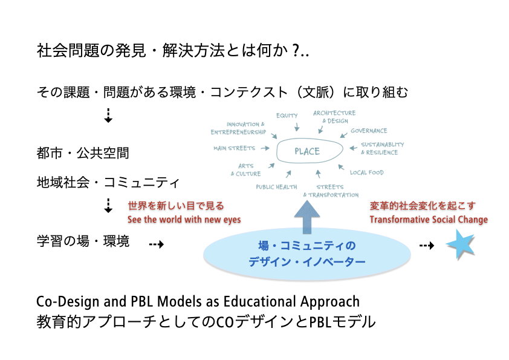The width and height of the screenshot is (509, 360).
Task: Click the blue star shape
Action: coord(460,245)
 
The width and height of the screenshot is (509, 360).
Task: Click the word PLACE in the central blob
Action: coord(307,151)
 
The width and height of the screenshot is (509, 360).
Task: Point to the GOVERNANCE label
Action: coord(369,131)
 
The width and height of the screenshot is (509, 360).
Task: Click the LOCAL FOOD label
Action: coord(366,172)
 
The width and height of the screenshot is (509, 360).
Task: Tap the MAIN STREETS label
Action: coord(234,148)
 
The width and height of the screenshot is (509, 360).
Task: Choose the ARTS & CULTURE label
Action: coord(245,169)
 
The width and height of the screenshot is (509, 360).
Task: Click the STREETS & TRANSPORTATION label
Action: coord(331,191)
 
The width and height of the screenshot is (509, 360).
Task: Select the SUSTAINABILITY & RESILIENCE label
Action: coord(382,148)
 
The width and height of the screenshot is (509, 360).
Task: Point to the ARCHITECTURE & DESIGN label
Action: coord(334,116)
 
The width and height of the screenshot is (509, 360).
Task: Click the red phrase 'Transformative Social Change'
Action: coord(429,220)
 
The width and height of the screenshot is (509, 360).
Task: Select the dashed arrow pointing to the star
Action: coord(427,246)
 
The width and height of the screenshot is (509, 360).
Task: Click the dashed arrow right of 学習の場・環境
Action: coord(157,244)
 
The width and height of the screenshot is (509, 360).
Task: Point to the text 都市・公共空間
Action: coord(83,153)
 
